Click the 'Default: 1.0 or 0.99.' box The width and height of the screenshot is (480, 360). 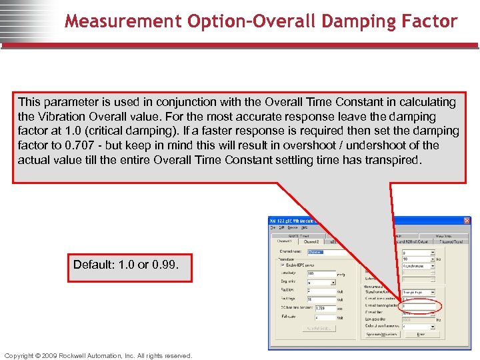click(x=126, y=265)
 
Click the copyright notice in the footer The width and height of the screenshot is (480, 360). click(x=98, y=355)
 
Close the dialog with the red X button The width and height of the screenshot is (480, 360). click(x=467, y=221)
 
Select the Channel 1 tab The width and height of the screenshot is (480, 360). click(x=284, y=242)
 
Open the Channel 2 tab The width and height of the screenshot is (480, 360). click(x=311, y=242)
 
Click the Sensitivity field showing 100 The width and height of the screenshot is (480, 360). click(x=320, y=273)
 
